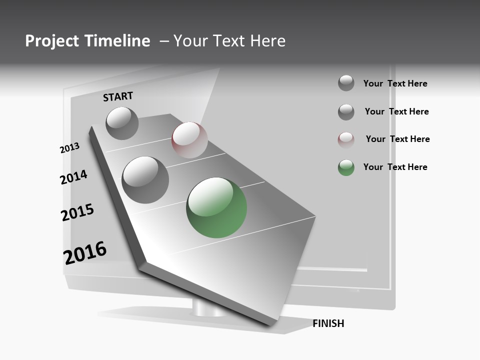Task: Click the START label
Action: (118, 97)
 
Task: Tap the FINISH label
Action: (328, 323)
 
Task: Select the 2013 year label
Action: (69, 148)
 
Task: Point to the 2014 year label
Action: (73, 177)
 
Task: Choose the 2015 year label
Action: (77, 212)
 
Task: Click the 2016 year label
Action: (85, 253)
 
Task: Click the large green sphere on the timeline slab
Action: (216, 207)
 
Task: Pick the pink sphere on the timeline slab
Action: (189, 140)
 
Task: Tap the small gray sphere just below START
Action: (122, 123)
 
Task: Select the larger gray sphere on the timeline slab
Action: (145, 180)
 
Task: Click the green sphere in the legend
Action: (346, 167)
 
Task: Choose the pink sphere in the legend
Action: (346, 140)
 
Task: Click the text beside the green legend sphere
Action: (395, 167)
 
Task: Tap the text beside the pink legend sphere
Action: (397, 139)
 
